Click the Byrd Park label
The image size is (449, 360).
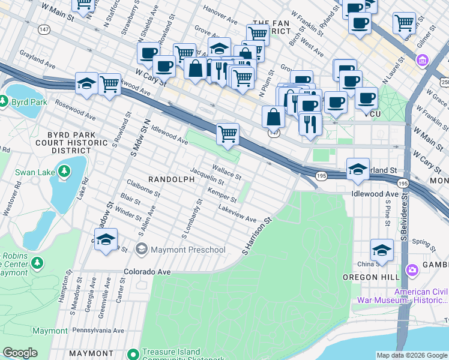coord(31,102)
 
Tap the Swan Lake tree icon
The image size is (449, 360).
coord(64,173)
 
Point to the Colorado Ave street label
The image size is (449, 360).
coord(147,271)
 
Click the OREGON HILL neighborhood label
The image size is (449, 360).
coord(367,277)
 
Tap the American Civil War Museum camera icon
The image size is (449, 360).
coord(412,270)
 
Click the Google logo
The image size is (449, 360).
coord(20,353)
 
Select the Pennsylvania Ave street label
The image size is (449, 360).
coord(98,330)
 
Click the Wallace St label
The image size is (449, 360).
coord(226,172)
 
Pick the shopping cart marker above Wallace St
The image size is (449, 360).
coord(228,133)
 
